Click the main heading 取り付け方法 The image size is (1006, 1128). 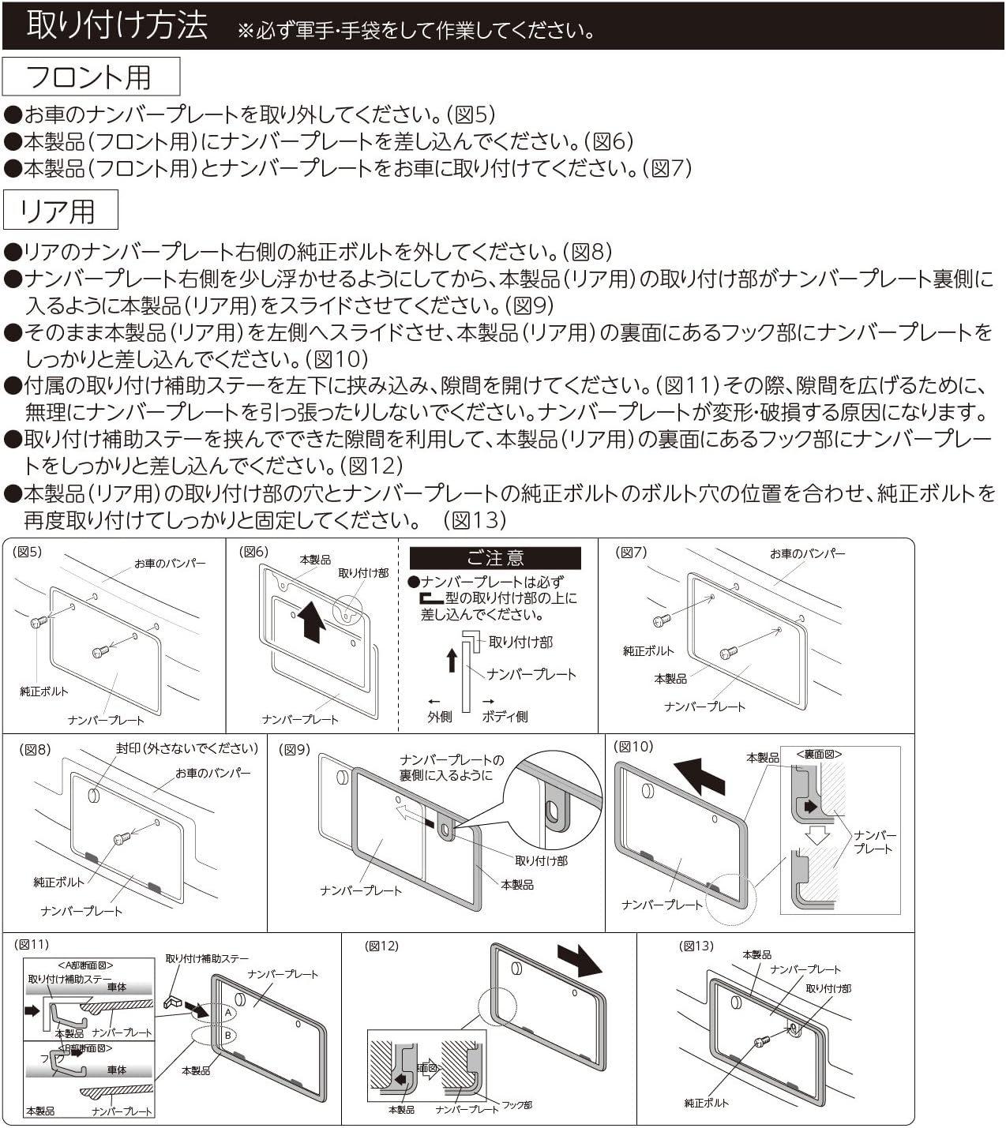click(x=117, y=25)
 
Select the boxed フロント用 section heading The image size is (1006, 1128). click(x=90, y=77)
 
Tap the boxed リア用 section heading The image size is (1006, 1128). click(x=59, y=211)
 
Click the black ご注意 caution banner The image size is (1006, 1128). click(x=495, y=558)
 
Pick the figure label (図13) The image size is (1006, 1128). click(x=696, y=946)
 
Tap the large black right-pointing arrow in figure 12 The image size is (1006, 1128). click(x=580, y=960)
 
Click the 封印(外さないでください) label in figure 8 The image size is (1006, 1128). click(x=187, y=748)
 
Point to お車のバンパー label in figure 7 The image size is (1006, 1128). click(x=807, y=553)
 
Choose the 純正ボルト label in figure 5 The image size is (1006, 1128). click(x=44, y=691)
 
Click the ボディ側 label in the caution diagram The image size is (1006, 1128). click(x=505, y=717)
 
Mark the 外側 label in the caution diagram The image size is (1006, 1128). click(x=440, y=717)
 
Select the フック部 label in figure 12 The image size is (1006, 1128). click(x=517, y=1105)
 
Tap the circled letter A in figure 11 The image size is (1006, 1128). click(x=227, y=1012)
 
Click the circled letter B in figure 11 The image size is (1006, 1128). click(x=227, y=1035)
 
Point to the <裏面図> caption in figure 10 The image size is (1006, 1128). click(x=819, y=754)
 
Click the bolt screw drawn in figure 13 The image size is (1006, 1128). click(x=763, y=1042)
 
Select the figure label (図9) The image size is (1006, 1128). click(x=295, y=749)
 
